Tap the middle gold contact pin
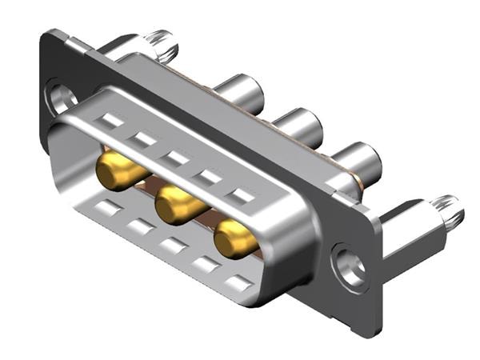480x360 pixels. [177, 205]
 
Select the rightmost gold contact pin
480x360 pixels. [236, 238]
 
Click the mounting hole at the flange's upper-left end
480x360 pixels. [61, 98]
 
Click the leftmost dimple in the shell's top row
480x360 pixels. [111, 121]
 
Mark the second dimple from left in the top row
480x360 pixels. [144, 139]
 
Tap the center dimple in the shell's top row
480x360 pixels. [178, 158]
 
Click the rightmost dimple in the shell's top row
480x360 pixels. [242, 194]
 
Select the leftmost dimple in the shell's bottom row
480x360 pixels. [106, 210]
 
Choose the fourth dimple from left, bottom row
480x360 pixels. [205, 265]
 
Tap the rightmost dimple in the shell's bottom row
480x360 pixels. [238, 282]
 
